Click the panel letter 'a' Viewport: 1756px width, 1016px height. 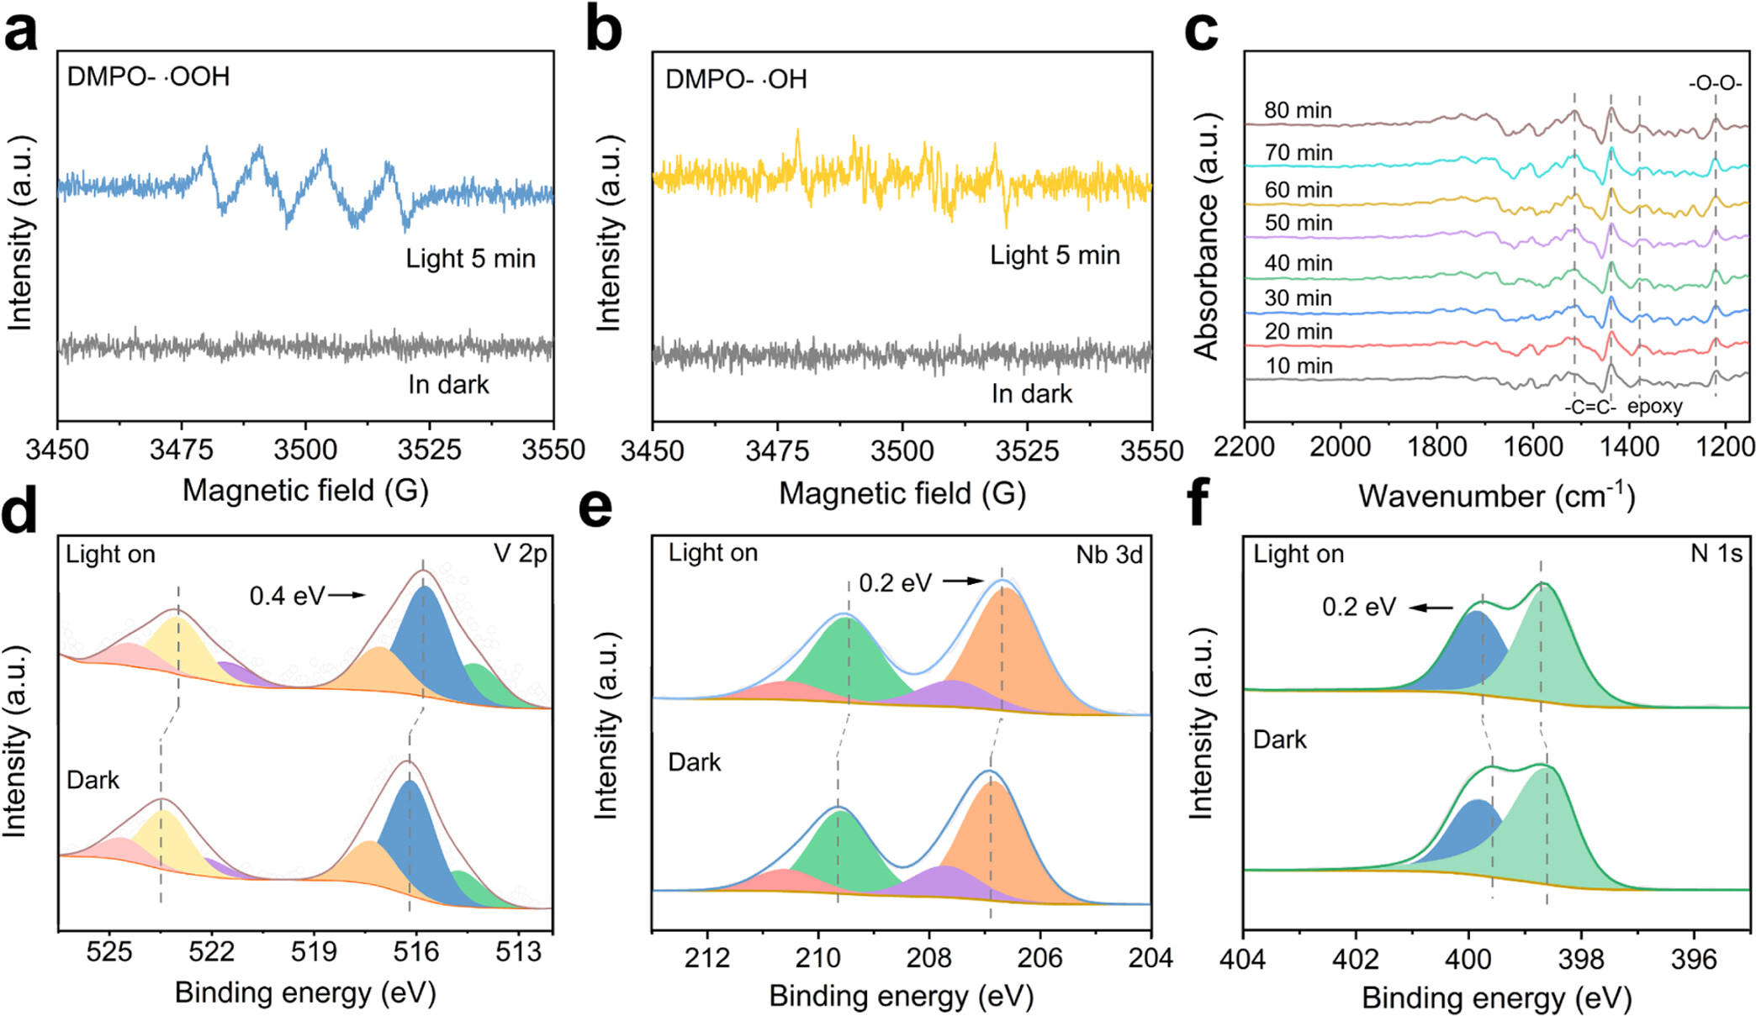pos(20,31)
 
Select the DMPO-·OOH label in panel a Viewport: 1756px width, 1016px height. pos(148,76)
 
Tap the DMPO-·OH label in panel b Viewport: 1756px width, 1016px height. pos(736,80)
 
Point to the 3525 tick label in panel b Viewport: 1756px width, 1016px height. pos(1026,452)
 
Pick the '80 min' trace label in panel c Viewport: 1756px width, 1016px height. pos(1298,110)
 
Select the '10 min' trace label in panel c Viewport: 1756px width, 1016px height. pos(1298,366)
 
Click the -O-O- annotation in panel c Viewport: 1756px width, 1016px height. pos(1715,84)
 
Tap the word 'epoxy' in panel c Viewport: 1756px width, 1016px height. pos(1654,407)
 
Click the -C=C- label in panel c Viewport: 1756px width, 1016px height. pos(1590,408)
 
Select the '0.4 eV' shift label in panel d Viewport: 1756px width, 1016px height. pos(286,596)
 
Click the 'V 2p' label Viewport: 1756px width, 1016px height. pos(521,554)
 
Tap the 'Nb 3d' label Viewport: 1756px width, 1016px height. pos(1109,555)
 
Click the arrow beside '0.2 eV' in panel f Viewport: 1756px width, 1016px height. pos(1431,608)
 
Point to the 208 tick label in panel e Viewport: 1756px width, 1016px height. pos(928,958)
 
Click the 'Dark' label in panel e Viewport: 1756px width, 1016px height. pos(694,762)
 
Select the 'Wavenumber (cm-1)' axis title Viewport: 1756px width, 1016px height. pos(1496,496)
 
